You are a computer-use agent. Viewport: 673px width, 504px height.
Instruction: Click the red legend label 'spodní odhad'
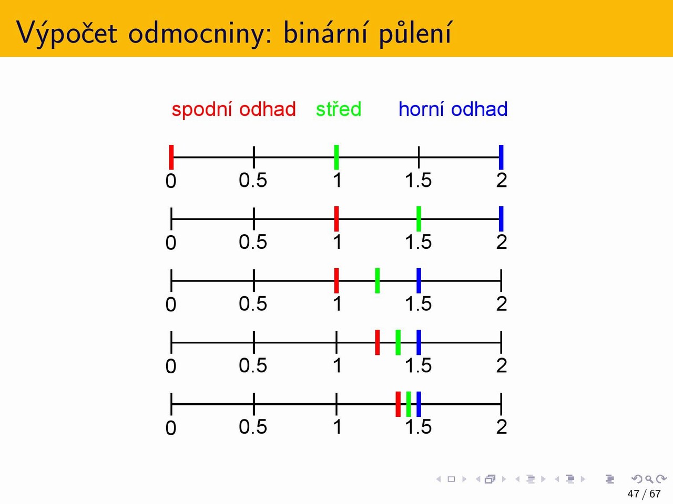(233, 110)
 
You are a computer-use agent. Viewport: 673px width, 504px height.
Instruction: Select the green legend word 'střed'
(339, 109)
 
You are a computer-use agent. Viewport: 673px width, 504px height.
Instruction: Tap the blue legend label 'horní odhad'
(453, 109)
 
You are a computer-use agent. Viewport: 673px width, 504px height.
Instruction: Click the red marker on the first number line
(171, 157)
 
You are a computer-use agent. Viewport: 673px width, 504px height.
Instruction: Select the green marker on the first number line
(336, 157)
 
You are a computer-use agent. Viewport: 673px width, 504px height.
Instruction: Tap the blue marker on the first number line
(501, 157)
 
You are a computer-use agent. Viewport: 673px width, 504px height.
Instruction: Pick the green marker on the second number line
(419, 219)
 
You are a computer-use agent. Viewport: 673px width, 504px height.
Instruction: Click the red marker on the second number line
(336, 219)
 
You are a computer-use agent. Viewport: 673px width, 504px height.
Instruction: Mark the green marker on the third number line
(378, 280)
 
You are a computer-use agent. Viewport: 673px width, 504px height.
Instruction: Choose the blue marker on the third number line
(419, 280)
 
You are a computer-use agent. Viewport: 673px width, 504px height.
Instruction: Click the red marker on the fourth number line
(378, 342)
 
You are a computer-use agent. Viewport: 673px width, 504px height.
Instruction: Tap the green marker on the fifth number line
(409, 404)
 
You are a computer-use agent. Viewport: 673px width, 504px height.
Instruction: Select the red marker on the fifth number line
(398, 404)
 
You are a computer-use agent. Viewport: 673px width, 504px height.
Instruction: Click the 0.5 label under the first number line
(253, 180)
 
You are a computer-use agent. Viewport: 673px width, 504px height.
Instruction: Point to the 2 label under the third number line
(502, 303)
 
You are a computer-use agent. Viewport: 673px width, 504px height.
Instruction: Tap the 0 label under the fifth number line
(171, 427)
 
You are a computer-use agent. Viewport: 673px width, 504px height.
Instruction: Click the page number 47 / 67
(644, 493)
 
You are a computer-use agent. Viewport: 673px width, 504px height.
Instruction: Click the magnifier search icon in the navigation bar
(649, 479)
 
